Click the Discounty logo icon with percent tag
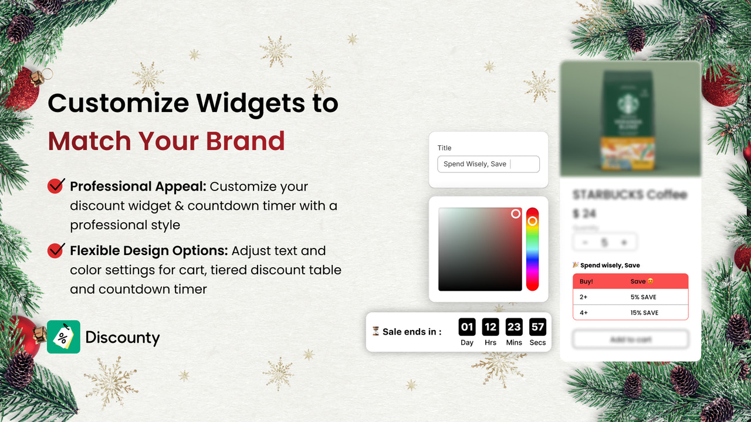coord(63,337)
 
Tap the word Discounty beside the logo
coord(122,338)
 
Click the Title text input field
coord(488,164)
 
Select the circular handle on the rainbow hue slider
coord(532,221)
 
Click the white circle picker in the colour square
coord(516,214)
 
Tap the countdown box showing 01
coord(467,327)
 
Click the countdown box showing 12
coord(490,327)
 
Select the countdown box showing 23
coord(514,327)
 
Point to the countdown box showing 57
coord(537,327)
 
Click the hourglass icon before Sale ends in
coord(375,331)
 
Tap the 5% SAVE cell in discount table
coord(643,297)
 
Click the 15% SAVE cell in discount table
coord(644,312)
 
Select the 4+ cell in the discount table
coord(584,312)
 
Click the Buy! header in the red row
coord(586,281)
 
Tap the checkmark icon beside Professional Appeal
coord(56,186)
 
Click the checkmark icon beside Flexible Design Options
coord(56,250)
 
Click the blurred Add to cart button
coord(630,339)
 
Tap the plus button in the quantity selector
coord(624,242)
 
